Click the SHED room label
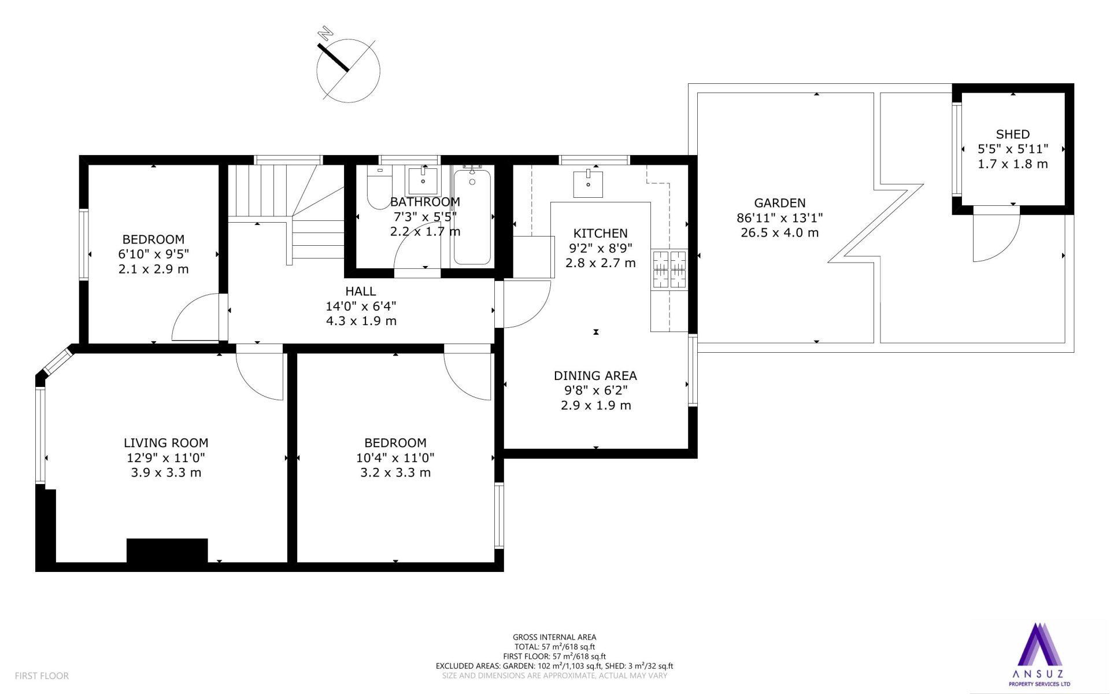(1012, 134)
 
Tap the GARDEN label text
(779, 203)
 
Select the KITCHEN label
(600, 233)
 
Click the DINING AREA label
(595, 375)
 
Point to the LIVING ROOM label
(166, 443)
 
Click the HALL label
(361, 291)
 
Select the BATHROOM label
(425, 202)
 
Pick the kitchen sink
(588, 183)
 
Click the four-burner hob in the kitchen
(669, 270)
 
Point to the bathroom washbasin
(423, 181)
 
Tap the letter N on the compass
(327, 32)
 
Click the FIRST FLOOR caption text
(42, 675)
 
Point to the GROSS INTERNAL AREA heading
(554, 637)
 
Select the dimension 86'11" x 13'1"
(779, 218)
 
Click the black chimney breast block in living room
(167, 551)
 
